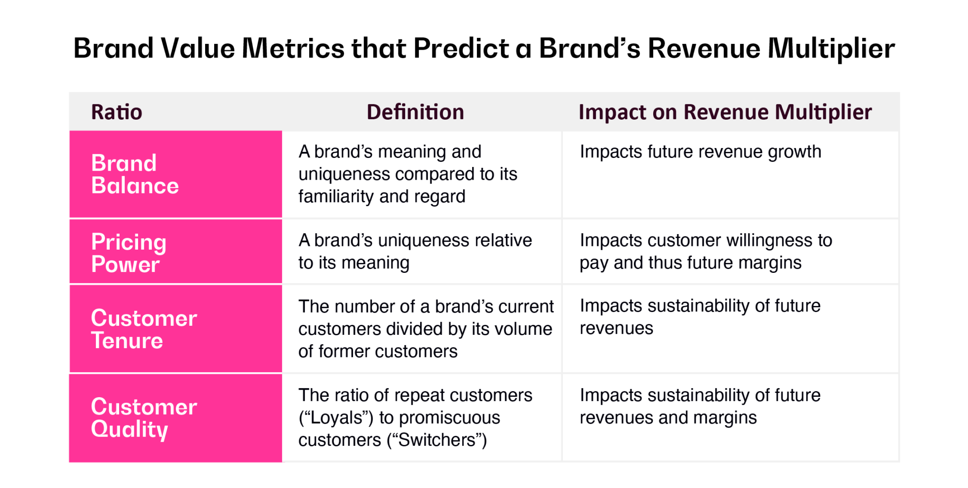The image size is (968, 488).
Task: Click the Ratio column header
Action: click(x=116, y=112)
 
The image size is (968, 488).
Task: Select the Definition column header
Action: click(x=415, y=112)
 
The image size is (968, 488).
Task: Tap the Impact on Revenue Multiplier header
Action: click(x=725, y=112)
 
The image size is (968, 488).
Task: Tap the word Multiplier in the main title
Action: click(x=830, y=48)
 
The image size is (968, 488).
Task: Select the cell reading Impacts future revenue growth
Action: click(x=700, y=152)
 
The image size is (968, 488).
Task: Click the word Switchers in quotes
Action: click(x=437, y=440)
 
